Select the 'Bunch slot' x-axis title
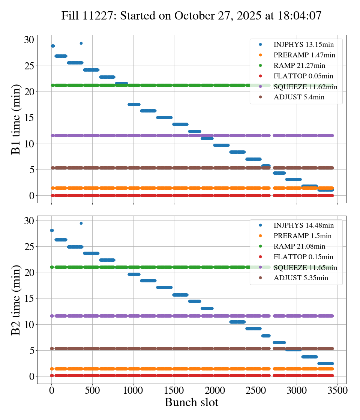pos(191,402)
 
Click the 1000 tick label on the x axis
pos(133,390)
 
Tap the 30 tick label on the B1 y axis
pos(30,40)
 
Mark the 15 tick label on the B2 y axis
pos(30,298)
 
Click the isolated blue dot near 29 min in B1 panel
pos(81,43)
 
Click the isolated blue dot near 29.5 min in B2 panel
pos(81,223)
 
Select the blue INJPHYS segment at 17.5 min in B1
pos(134,104)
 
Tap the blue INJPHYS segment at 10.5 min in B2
pos(237,322)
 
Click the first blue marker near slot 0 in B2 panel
pos(52,230)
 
